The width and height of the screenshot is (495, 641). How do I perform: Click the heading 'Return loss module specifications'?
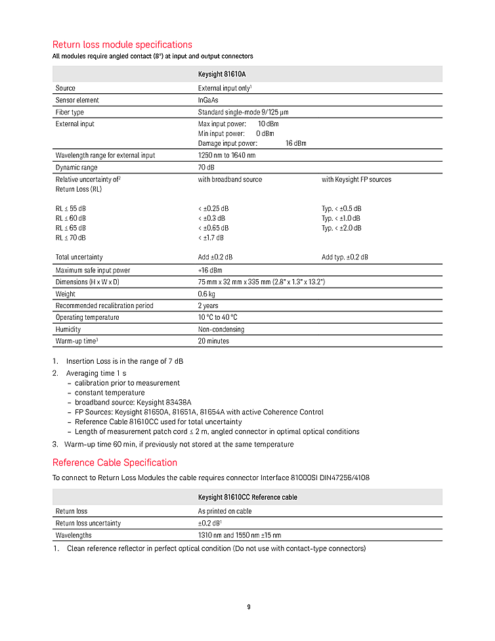tap(122, 45)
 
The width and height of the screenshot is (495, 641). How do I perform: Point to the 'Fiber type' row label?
tap(70, 112)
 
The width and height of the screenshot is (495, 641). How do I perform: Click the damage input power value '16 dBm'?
tap(295, 143)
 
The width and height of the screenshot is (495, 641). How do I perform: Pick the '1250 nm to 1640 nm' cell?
tap(226, 156)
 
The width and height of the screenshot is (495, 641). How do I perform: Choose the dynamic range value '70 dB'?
tap(207, 167)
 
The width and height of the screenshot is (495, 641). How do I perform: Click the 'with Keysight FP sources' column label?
tap(356, 179)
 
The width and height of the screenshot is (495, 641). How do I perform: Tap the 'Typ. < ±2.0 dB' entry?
tap(341, 228)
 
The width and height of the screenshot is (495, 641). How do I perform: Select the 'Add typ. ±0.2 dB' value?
tap(345, 257)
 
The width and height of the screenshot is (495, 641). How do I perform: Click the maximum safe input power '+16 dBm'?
tap(210, 270)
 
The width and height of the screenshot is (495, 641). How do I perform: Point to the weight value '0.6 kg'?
tap(207, 294)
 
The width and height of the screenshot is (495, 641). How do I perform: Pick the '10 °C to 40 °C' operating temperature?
tap(217, 317)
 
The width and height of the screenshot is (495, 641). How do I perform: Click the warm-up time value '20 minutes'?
tap(213, 341)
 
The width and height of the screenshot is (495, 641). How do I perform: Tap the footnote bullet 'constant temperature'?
tap(110, 393)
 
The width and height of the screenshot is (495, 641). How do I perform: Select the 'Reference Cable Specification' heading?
tap(115, 462)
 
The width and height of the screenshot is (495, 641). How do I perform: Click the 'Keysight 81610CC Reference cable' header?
tap(247, 497)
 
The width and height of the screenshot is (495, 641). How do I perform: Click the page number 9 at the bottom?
tap(248, 607)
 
